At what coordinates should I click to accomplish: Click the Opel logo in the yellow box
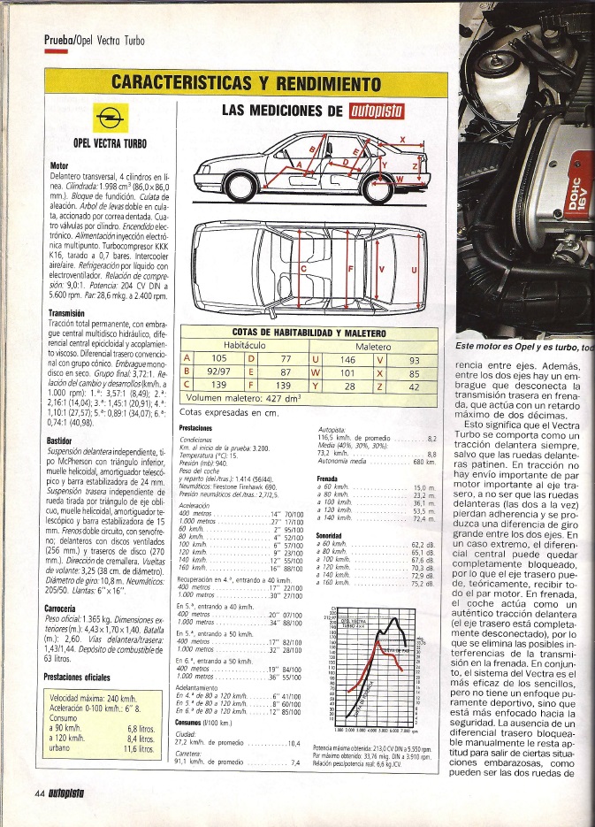tap(111, 116)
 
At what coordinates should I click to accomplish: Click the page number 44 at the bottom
tap(39, 816)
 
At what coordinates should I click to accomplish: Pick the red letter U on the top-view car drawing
tap(414, 272)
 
